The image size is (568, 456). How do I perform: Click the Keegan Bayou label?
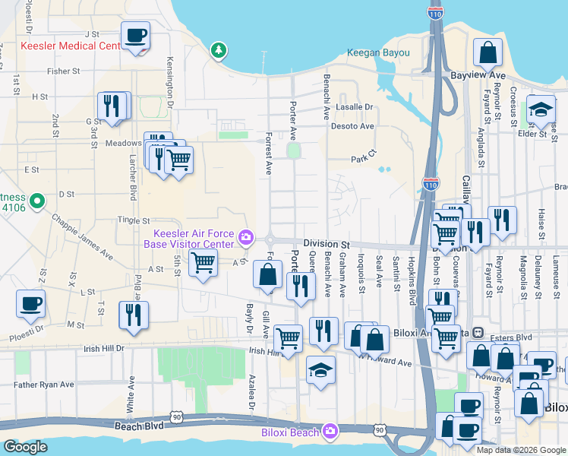point(378,53)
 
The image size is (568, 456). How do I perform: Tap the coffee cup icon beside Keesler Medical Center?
point(135,36)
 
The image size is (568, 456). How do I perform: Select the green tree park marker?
point(219,50)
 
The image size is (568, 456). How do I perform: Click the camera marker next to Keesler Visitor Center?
point(246,239)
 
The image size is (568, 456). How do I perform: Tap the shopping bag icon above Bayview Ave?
point(488,53)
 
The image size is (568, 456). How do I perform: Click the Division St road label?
point(326,243)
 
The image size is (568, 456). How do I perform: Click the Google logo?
point(25,447)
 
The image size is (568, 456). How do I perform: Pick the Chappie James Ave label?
point(82,235)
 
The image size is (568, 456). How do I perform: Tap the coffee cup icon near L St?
point(30,304)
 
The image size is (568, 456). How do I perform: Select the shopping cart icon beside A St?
point(202,264)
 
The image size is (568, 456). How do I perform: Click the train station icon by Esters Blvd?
point(478,332)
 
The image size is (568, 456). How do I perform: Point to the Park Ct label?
point(363,160)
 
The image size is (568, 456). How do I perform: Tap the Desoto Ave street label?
point(357,126)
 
